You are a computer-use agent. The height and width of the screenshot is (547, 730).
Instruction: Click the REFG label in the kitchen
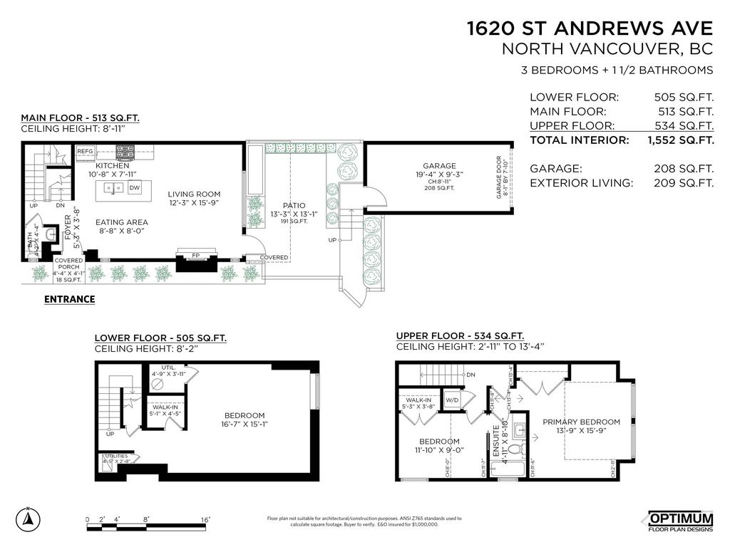86,151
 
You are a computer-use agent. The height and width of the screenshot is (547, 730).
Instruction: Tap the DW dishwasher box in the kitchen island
135,188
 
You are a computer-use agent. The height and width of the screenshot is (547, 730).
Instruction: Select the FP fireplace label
195,255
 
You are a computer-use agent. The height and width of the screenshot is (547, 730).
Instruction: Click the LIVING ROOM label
194,194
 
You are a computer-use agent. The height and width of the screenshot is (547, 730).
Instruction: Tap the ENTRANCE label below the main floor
70,299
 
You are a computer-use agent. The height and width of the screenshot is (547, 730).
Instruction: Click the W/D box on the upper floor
451,399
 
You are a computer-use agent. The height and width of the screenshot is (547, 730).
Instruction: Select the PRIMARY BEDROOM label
581,422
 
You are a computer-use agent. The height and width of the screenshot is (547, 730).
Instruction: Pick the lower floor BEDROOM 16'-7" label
245,415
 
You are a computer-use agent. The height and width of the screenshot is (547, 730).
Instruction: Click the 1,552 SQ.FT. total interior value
680,140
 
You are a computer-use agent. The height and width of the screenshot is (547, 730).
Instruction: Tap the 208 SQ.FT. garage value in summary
684,169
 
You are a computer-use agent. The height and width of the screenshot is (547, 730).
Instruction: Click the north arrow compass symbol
28,518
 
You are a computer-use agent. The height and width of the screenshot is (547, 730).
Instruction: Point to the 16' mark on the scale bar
205,520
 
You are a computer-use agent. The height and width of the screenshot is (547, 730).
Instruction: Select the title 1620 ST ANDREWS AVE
589,28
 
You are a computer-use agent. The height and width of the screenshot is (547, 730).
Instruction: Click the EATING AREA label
122,222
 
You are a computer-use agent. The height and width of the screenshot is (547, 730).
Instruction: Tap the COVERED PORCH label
68,264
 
